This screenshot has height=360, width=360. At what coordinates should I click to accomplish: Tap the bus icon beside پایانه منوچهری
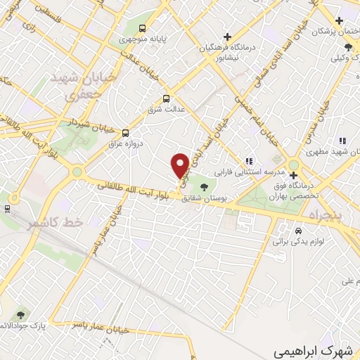pos(143,29)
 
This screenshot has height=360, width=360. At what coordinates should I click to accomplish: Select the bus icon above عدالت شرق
pos(167,99)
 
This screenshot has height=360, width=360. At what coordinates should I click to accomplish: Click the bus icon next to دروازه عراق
pos(126,133)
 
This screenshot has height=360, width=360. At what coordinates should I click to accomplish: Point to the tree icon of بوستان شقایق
pos(204,187)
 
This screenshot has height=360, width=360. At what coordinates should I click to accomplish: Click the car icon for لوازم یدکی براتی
pos(298,231)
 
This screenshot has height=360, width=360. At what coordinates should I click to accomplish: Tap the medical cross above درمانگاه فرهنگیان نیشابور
pos(226,37)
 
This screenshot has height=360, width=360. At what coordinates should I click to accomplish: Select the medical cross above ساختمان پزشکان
pos(339,21)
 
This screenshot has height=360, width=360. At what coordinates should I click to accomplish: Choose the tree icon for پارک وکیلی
pos(348,46)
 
